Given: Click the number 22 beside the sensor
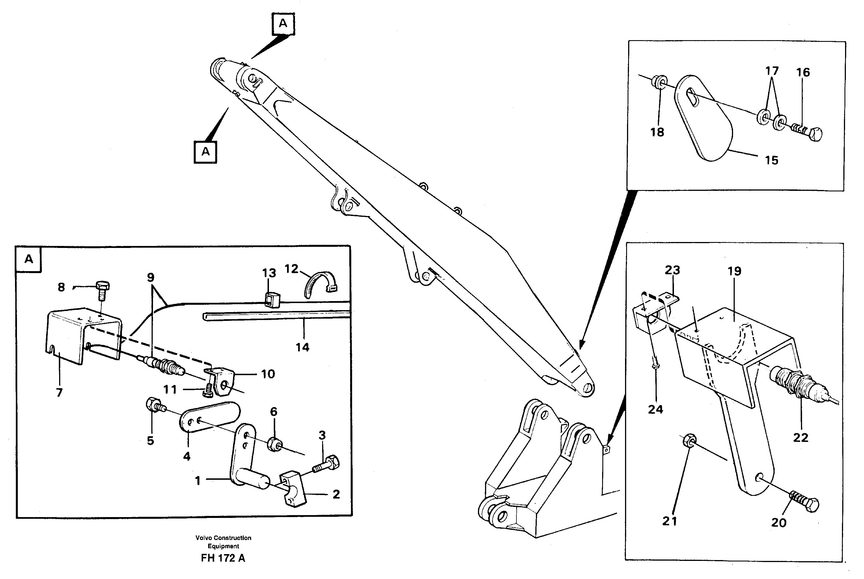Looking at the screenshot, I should (x=800, y=438).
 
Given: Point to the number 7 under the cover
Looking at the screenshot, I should (x=59, y=392).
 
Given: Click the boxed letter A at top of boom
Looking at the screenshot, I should (x=283, y=24).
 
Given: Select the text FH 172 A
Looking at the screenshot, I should (x=223, y=558).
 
